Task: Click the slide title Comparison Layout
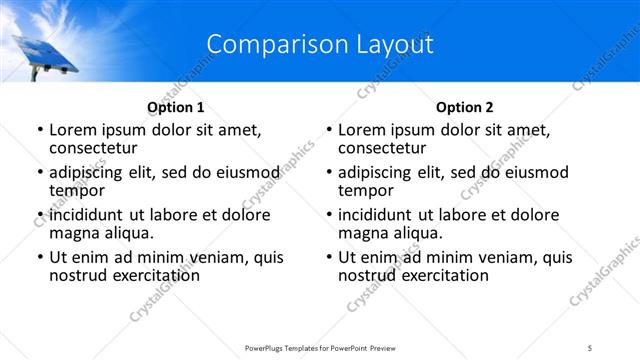pos(319,45)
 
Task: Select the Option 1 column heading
pos(175,107)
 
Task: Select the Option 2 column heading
pos(464,107)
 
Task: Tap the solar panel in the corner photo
pos(44,55)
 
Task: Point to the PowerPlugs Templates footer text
pos(319,346)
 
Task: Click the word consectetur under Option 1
pos(92,148)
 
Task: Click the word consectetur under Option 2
pos(381,148)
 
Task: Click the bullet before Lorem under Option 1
pos(39,130)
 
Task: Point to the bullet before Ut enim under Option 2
pos(328,258)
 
